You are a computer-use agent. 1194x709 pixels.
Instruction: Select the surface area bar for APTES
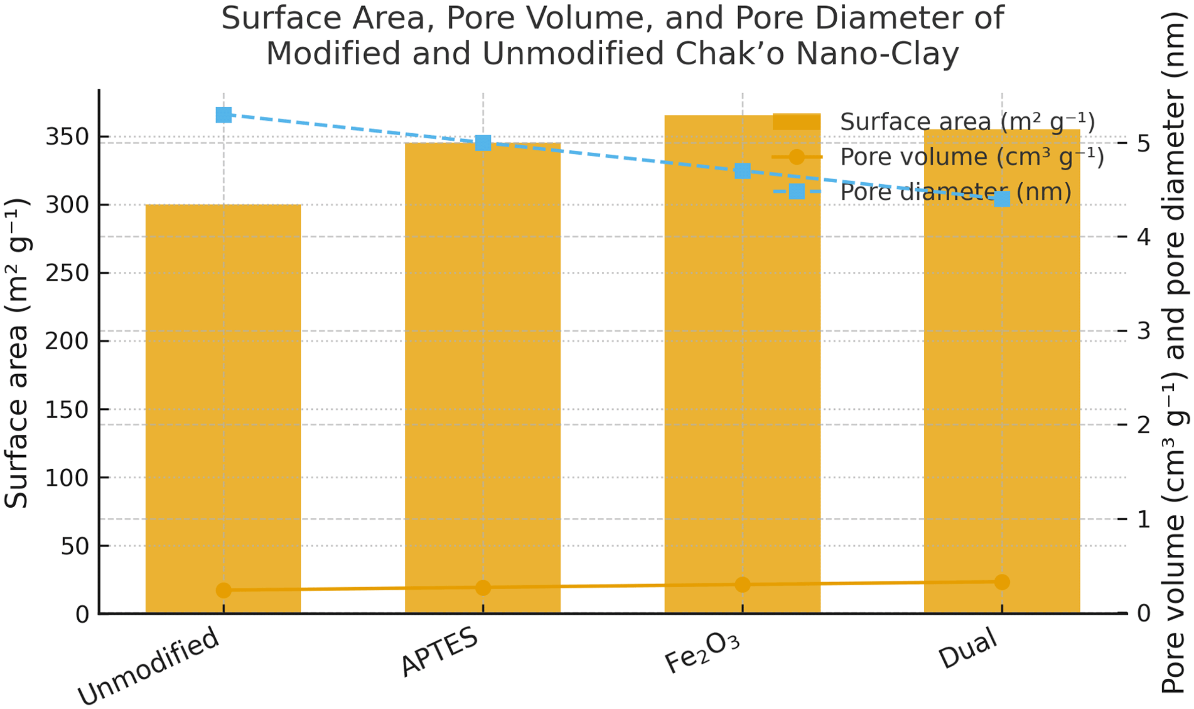pyautogui.click(x=482, y=377)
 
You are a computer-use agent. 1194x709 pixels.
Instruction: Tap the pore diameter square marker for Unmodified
pyautogui.click(x=224, y=115)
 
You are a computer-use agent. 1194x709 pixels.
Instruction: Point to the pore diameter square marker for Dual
pyautogui.click(x=1002, y=199)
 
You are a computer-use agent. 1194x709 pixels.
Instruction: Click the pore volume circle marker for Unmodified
pyautogui.click(x=224, y=590)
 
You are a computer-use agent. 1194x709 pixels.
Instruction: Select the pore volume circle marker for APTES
pyautogui.click(x=483, y=588)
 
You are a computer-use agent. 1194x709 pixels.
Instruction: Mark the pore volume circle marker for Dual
pyautogui.click(x=1002, y=582)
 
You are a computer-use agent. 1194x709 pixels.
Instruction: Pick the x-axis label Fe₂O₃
pyautogui.click(x=702, y=655)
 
